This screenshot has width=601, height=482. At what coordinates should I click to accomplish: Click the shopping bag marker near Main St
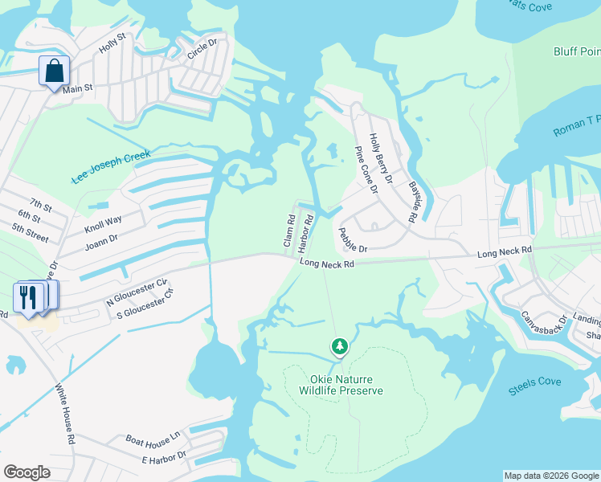[54, 71]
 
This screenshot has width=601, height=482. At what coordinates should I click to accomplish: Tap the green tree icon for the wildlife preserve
[340, 347]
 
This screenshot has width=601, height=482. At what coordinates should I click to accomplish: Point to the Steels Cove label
[534, 386]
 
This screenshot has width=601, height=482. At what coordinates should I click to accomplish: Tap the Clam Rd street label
[290, 230]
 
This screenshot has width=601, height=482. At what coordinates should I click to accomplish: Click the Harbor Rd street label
[306, 230]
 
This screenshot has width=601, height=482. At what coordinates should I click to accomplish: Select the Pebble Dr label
[352, 240]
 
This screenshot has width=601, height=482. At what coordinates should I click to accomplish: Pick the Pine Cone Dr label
[366, 170]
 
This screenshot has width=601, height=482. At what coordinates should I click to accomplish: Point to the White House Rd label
[65, 415]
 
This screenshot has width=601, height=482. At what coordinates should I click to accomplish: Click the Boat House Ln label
[152, 439]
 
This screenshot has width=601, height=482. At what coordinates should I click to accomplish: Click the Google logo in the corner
[27, 472]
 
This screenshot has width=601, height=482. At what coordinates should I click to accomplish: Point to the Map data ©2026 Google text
[551, 476]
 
